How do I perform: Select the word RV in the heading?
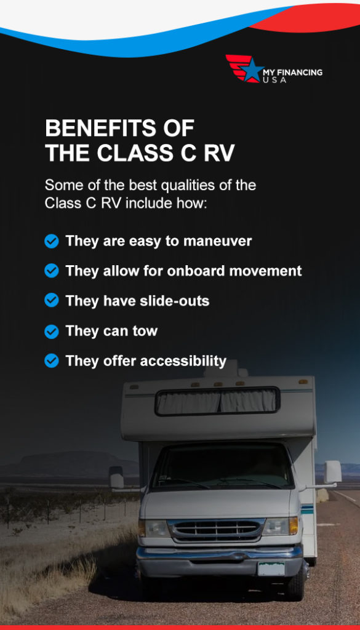tap(218, 153)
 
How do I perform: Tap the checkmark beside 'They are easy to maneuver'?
tap(52, 241)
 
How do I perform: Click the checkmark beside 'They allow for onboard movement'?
tap(52, 271)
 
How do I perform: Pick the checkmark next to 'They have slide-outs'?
tap(52, 301)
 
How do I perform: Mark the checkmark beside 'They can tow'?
tap(52, 332)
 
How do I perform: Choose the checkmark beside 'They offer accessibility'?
tap(52, 361)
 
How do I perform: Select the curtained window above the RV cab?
tap(217, 402)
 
